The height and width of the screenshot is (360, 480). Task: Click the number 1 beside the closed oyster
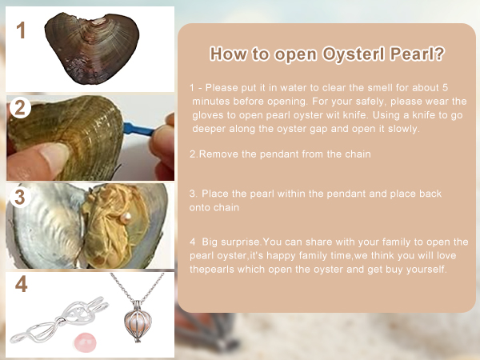(21, 30)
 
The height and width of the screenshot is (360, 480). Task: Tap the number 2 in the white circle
(20, 107)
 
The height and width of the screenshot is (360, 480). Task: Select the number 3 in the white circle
(20, 197)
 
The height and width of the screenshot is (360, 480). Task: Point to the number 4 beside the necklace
(21, 284)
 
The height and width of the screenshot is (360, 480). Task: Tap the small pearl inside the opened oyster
(126, 218)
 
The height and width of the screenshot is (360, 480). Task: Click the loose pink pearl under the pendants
(85, 342)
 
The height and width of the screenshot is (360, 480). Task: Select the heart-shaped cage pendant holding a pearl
(138, 321)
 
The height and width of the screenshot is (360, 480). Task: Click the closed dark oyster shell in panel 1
(92, 47)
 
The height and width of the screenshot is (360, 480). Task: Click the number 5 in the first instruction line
(445, 87)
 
